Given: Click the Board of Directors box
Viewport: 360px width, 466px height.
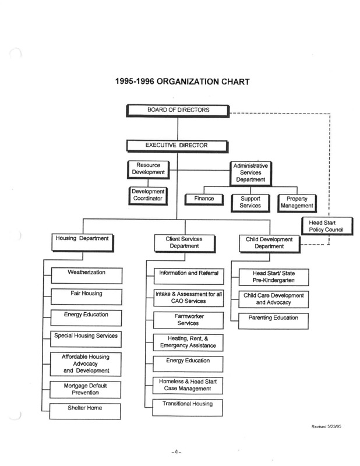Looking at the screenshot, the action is tap(178, 111).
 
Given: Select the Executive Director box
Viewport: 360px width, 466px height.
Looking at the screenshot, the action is tap(178, 147).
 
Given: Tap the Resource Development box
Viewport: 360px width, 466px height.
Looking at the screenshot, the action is tap(149, 170).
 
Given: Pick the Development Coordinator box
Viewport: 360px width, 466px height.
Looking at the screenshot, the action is tap(148, 196).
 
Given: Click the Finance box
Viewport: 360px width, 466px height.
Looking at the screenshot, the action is tap(204, 199).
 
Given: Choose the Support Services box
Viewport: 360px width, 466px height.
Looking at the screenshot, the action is tap(250, 203).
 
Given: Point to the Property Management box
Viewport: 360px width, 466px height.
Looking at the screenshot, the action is tap(297, 203).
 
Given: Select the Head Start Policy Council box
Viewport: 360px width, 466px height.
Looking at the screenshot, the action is tap(327, 226).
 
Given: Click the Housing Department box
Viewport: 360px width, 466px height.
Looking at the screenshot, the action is tap(83, 243).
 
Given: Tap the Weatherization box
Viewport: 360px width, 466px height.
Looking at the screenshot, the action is tap(87, 276).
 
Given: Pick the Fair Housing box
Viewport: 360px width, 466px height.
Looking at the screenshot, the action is tap(86, 297).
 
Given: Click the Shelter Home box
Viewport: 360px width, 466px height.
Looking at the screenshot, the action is tap(85, 411).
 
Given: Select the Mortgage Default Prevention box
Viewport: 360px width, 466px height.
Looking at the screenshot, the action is tap(85, 390).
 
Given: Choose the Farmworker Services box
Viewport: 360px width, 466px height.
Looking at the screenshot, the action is tap(189, 320).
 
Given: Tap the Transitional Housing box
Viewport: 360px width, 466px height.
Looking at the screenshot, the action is tap(188, 407).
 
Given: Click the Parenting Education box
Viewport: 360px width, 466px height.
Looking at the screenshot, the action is tap(273, 321).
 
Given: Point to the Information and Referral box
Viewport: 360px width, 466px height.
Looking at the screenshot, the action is tap(189, 276).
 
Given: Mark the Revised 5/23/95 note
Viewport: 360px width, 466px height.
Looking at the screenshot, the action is tap(326, 426).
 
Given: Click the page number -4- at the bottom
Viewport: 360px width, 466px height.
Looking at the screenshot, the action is tap(177, 452).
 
